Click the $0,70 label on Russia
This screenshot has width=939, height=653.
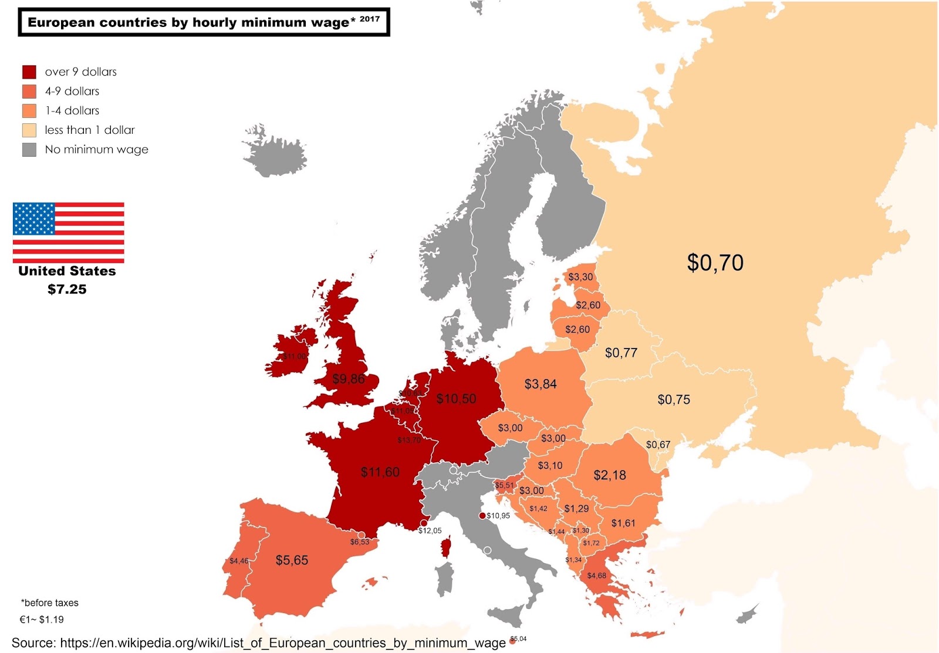pos(715,262)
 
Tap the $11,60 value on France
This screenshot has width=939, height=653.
pos(380,472)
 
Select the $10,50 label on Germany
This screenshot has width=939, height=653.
pos(456,399)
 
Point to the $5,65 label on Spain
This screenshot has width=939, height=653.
pos(292,560)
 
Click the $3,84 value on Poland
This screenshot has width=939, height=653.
pos(540,384)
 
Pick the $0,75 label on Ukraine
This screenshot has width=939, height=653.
pos(673,400)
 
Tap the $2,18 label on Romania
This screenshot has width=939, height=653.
pos(609,475)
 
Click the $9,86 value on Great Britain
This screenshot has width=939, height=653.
pos(349,379)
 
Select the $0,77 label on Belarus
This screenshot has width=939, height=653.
pos(621,353)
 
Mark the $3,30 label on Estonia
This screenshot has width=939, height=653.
pos(580,277)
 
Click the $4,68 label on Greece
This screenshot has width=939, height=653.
pos(596,576)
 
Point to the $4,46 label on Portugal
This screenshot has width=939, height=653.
pos(239,561)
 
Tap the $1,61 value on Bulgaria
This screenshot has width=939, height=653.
pos(623,523)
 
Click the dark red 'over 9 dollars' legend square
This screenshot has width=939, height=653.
pos(29,72)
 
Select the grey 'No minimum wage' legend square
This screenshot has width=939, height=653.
pos(29,150)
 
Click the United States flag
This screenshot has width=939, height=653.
pos(68,232)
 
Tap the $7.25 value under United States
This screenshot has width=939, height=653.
pos(67,289)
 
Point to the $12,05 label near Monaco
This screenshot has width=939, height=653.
pos(430,530)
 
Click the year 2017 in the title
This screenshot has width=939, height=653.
pos(370,19)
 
